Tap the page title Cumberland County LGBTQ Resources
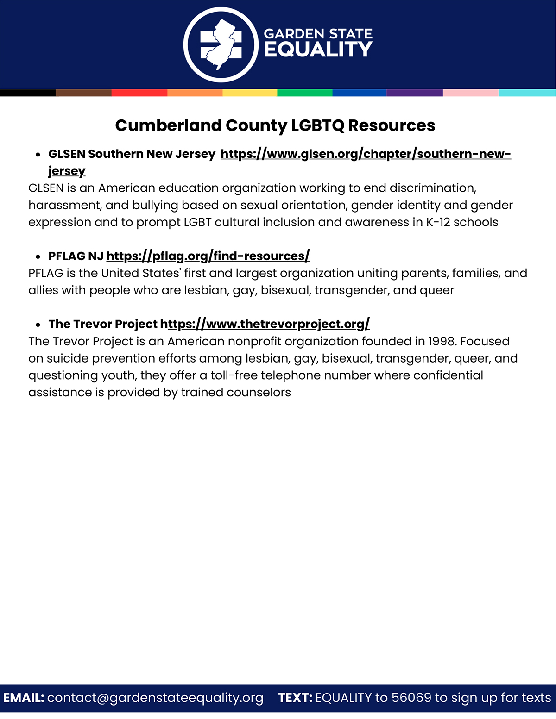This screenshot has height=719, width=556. (275, 125)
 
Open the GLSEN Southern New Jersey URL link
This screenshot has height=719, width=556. (365, 154)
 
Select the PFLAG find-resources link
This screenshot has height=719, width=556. (208, 256)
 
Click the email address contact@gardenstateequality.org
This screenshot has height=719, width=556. (155, 698)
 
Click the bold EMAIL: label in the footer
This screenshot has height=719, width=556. (24, 698)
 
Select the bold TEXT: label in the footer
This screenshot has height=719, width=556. (295, 698)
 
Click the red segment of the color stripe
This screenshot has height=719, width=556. (139, 93)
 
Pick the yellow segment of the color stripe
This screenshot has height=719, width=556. (250, 93)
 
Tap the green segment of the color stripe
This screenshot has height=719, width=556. (304, 93)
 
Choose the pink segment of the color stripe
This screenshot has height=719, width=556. (470, 93)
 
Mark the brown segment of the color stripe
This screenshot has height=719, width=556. (83, 93)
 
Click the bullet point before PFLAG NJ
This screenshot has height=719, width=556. (38, 256)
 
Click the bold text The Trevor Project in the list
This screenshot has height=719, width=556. (103, 324)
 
